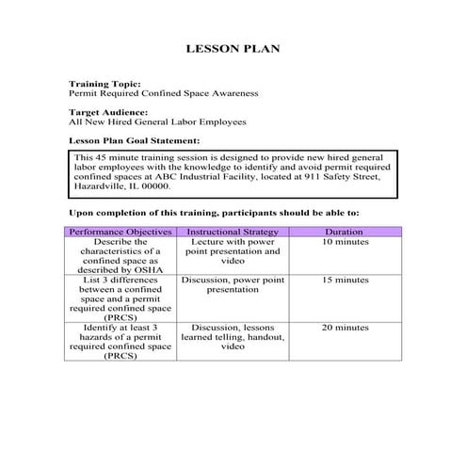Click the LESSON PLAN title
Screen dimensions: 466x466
click(233, 48)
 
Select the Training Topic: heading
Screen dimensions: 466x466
click(104, 85)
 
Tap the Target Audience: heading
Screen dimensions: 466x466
click(108, 112)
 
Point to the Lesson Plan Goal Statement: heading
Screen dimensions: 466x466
click(134, 140)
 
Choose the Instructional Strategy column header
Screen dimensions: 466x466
click(233, 232)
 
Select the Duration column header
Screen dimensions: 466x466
click(344, 232)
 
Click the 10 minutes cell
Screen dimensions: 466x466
click(344, 243)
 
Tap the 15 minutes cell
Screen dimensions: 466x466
click(344, 281)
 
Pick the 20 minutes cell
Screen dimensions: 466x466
click(344, 328)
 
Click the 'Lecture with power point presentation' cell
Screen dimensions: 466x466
click(233, 252)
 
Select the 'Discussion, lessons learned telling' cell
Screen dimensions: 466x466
click(233, 337)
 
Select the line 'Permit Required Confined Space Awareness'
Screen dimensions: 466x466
click(163, 94)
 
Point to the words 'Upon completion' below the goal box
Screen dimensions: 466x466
click(109, 213)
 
